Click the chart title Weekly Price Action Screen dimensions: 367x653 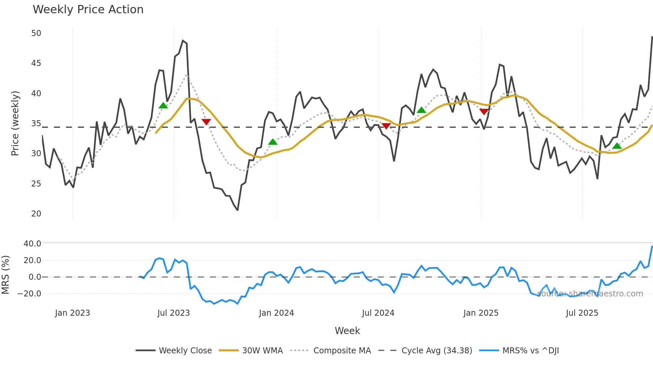(x=88, y=10)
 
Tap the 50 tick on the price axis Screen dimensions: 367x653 (x=36, y=33)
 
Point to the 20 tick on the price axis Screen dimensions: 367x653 (x=36, y=214)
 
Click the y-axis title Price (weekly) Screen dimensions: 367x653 (x=15, y=123)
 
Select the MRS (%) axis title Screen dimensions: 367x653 (x=5, y=275)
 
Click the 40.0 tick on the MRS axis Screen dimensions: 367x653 (x=32, y=244)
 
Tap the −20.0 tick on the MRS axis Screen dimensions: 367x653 (x=29, y=294)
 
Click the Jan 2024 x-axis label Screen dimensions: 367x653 (x=276, y=313)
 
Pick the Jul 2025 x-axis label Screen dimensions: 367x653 (x=582, y=313)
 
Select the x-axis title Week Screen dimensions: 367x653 (x=347, y=331)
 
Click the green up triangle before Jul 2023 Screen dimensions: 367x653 (x=163, y=106)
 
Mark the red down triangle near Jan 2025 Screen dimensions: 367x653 (x=484, y=112)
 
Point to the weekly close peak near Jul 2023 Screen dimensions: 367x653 (x=183, y=41)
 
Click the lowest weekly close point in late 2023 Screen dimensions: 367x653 (x=238, y=210)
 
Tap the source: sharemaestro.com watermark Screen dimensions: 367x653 (x=590, y=294)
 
